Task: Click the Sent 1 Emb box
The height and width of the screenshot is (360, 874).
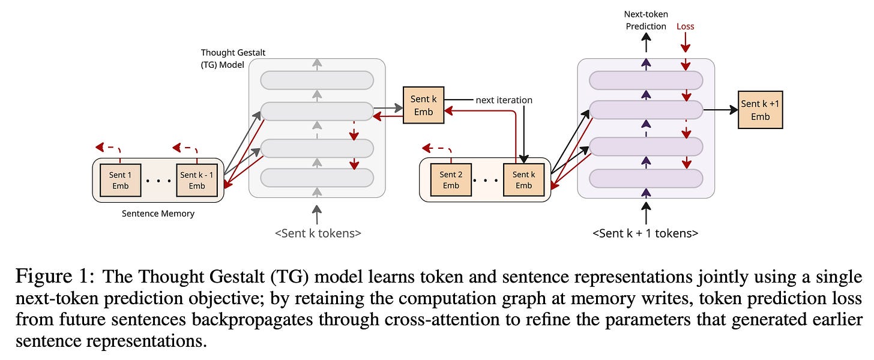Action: pos(120,180)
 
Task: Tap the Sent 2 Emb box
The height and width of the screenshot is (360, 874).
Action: pos(451,180)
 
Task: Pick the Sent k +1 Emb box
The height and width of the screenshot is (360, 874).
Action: pos(760,110)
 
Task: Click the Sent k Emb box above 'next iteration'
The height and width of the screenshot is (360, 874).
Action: pos(424,105)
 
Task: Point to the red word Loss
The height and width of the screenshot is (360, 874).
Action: pos(685,26)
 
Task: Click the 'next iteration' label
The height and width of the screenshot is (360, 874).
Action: pos(504,100)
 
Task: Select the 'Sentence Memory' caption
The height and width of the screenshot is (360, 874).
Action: pos(158,214)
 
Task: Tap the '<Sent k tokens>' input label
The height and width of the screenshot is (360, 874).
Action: pos(318,233)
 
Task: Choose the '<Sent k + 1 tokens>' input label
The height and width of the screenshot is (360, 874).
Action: pos(645,233)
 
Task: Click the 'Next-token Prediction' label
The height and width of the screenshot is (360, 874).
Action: pos(646,20)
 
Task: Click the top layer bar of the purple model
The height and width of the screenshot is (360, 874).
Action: pos(646,80)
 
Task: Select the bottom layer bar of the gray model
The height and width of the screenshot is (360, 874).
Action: pos(317,178)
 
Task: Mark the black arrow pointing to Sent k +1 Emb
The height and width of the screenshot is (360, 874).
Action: pos(720,110)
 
